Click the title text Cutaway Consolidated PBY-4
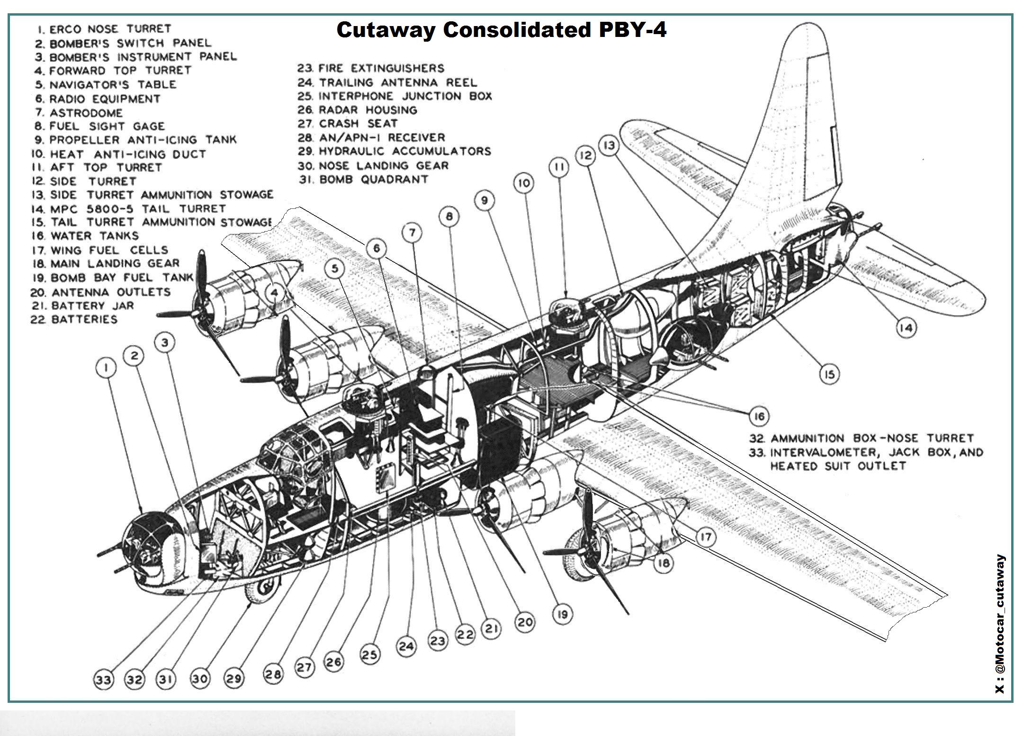click(501, 30)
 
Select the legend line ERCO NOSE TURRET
click(104, 29)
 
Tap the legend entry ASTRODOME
click(80, 113)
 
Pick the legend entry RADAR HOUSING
click(358, 110)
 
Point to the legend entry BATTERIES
click(74, 320)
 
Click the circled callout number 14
click(906, 328)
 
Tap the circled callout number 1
click(108, 368)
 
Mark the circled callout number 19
click(563, 614)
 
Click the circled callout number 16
click(759, 416)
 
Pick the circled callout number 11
click(559, 168)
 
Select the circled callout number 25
click(370, 655)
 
